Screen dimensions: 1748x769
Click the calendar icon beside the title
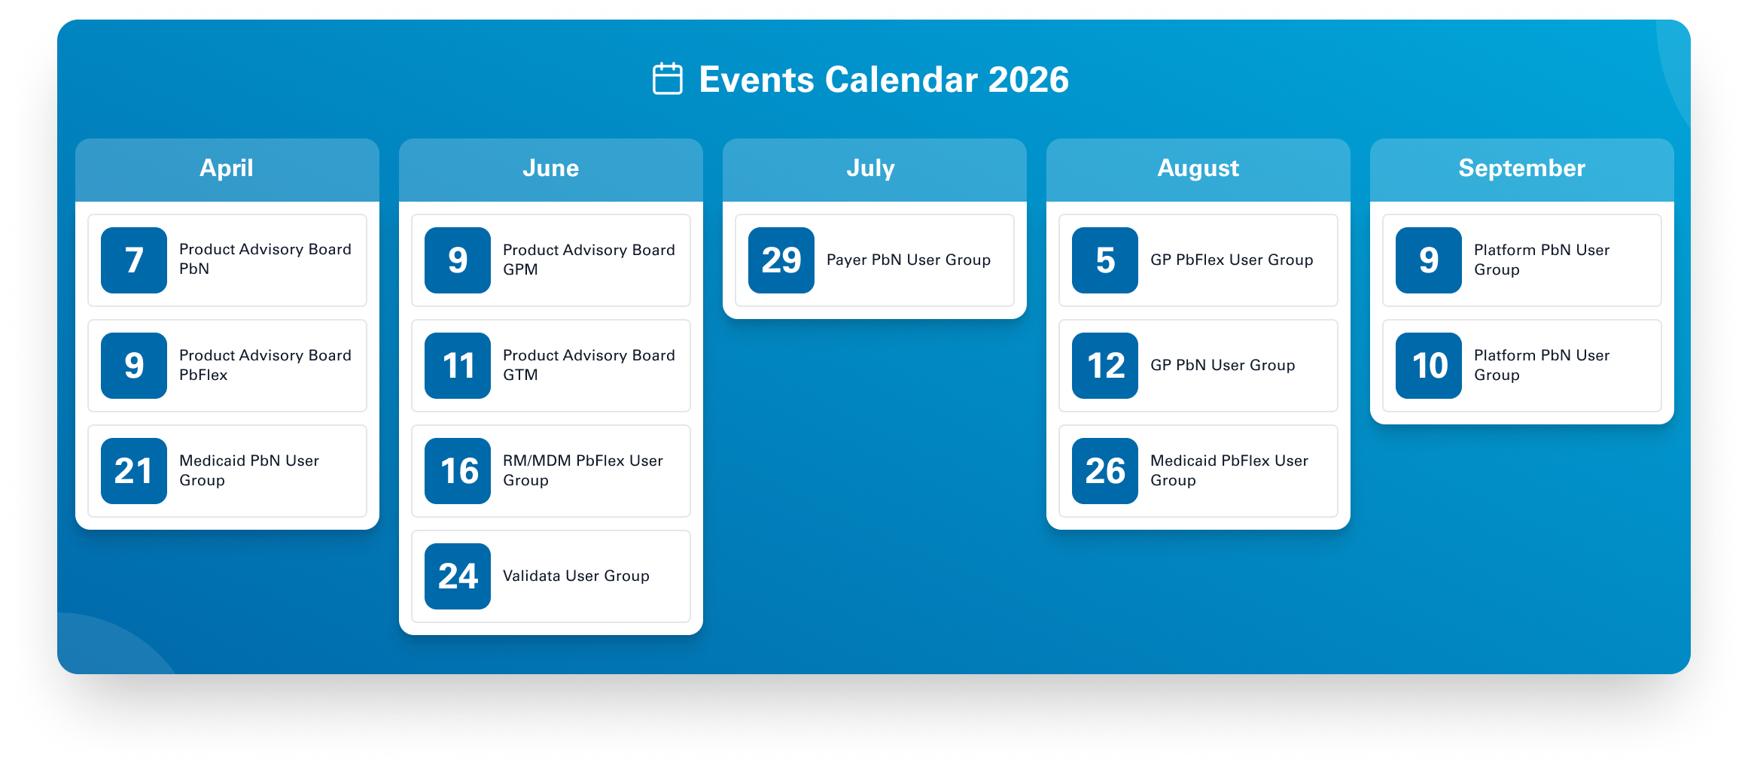667,79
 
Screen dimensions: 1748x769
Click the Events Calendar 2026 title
884,80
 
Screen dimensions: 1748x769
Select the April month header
227,168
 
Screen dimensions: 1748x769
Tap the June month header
551,168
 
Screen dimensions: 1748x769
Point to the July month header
871,168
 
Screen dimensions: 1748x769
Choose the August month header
1198,168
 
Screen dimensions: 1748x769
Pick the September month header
1522,168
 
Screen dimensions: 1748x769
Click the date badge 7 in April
134,260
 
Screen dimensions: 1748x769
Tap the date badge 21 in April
134,471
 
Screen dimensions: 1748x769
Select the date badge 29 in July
781,260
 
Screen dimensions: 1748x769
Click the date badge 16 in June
458,471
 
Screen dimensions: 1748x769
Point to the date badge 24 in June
458,576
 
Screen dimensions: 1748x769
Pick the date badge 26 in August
1105,471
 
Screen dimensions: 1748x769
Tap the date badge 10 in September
1429,366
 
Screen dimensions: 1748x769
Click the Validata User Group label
576,576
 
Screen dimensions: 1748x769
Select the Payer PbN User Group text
909,260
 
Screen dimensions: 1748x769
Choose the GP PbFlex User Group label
1232,260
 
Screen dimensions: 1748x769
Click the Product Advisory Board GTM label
589,365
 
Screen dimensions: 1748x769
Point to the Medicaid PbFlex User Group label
1229,470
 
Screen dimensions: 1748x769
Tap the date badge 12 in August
1105,366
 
